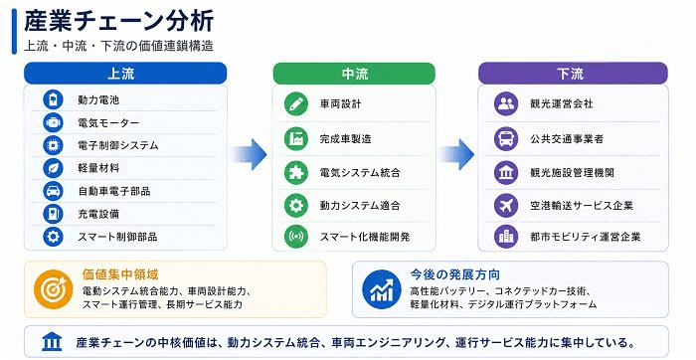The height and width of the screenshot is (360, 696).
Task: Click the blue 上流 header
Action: (125, 74)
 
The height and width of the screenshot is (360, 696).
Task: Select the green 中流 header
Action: (354, 74)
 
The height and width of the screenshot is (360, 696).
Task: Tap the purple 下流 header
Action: (573, 74)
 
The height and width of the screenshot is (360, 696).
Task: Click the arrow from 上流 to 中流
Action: (249, 154)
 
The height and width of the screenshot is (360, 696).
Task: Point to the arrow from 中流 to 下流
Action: (456, 154)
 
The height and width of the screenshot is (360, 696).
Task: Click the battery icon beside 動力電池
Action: (53, 99)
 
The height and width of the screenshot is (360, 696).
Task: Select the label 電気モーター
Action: (108, 122)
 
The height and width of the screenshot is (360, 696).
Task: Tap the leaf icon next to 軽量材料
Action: (53, 168)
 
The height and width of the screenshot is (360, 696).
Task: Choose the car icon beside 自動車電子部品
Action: (53, 191)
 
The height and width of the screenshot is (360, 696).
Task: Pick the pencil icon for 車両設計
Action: (296, 103)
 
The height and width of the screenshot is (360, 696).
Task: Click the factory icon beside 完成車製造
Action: (296, 138)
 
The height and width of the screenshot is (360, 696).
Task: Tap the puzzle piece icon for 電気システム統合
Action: (296, 172)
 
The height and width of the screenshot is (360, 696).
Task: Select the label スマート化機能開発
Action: (365, 237)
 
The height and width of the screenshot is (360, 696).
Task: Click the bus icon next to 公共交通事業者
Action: (506, 138)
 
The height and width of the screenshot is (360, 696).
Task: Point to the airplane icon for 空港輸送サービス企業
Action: (506, 205)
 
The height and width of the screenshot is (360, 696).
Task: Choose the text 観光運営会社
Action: (562, 103)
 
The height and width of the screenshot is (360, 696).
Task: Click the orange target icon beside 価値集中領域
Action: (54, 289)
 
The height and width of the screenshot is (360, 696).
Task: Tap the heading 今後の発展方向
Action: (455, 274)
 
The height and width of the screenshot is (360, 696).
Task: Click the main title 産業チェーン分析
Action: (119, 21)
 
